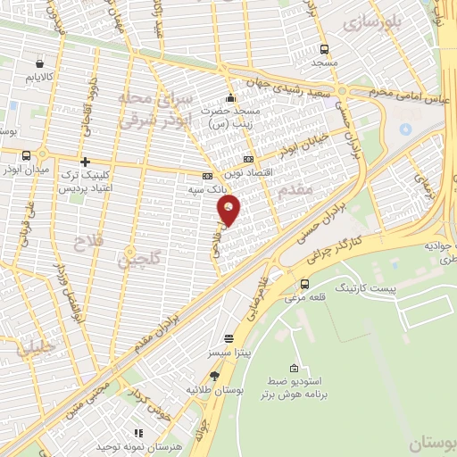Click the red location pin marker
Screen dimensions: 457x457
click(230, 211)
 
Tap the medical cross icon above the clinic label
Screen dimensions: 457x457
click(85, 162)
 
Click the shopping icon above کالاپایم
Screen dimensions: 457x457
click(39, 63)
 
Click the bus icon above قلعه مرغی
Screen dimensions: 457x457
click(306, 284)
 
